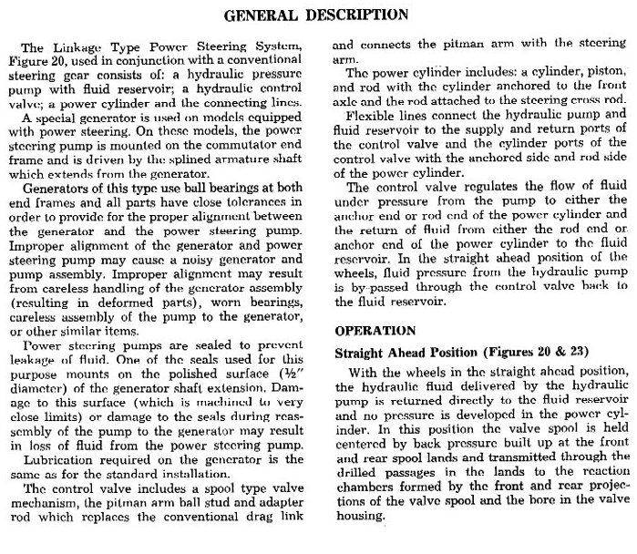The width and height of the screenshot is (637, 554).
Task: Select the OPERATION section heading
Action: pyautogui.click(x=375, y=329)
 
